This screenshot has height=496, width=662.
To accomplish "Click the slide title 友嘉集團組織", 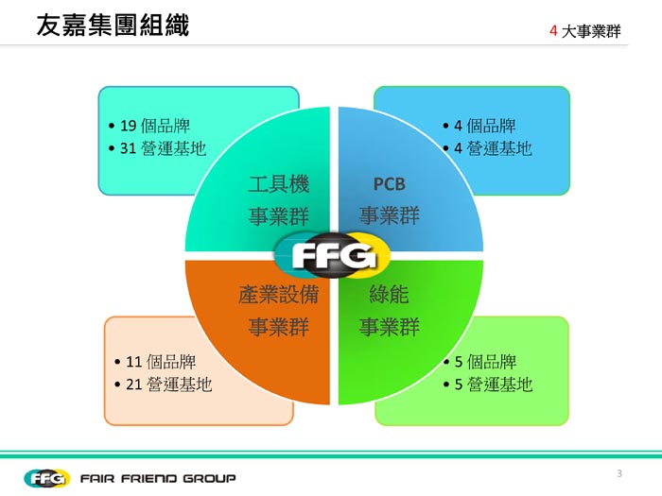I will [112, 26].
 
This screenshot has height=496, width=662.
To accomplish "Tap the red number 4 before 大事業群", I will [552, 31].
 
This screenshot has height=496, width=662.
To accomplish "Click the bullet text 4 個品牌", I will [484, 126].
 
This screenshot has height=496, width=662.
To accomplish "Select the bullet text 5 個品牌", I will [484, 361].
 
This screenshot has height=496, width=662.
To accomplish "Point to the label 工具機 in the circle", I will [278, 183].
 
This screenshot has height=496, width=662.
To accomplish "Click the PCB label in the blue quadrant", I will [389, 183].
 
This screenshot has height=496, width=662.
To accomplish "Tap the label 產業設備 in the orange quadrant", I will [278, 295].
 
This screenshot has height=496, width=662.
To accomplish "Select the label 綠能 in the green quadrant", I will [389, 295].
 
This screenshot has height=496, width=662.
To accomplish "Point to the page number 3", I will [619, 473].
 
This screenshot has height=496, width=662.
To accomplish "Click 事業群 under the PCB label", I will [389, 215].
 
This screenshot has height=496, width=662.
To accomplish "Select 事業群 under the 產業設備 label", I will [278, 327].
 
